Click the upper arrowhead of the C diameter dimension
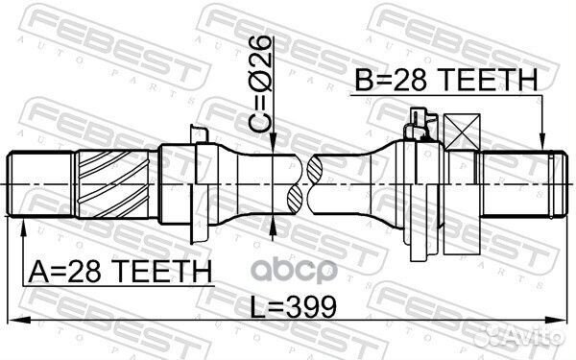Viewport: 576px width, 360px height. click(x=275, y=146)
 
